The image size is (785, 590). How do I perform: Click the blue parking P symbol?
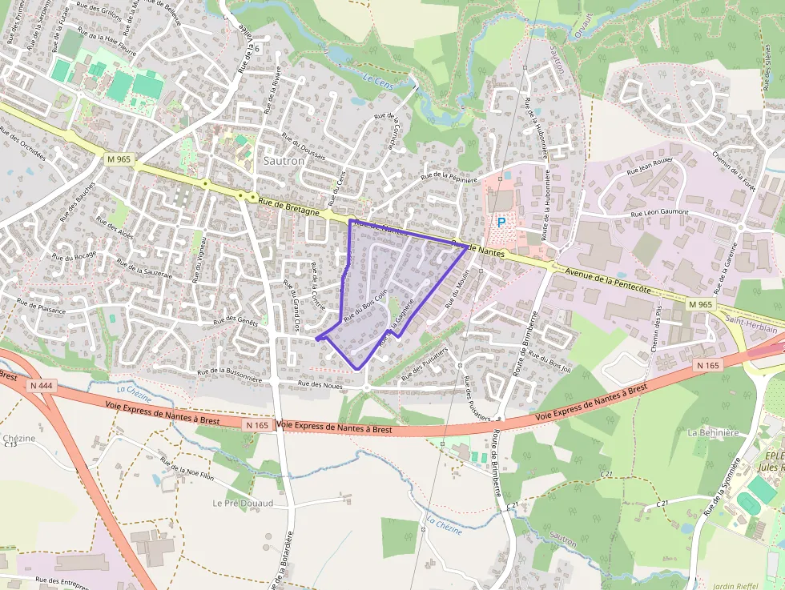501,223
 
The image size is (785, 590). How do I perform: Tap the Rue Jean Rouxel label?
650,167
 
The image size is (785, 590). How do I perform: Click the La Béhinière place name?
713,432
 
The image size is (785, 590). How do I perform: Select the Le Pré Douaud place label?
243,503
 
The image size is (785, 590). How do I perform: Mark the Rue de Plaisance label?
41,305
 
